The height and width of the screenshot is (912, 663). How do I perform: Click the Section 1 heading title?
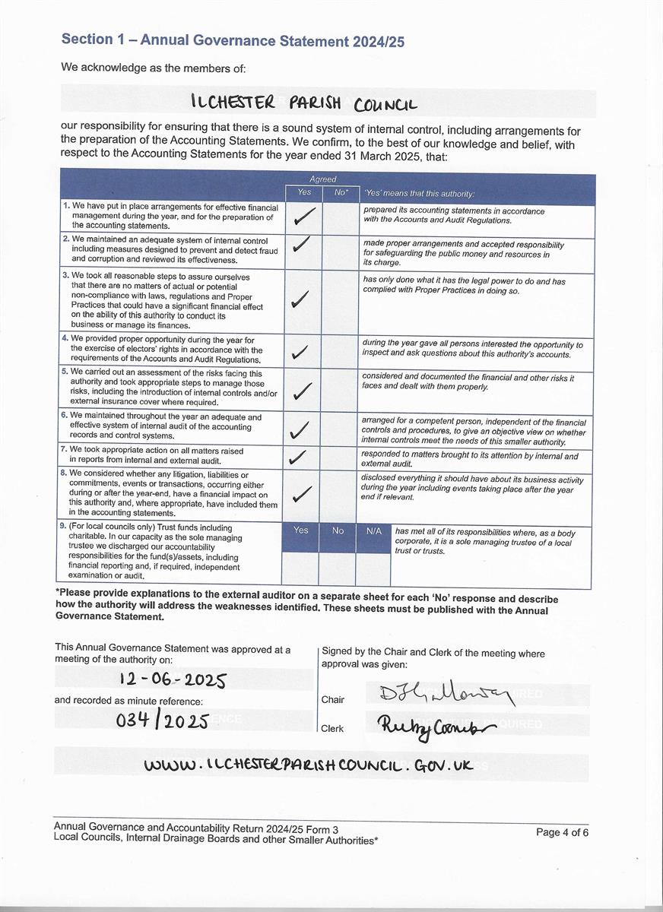click(233, 41)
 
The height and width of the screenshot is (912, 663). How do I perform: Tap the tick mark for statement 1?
click(302, 218)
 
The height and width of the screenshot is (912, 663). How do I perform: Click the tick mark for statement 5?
click(302, 391)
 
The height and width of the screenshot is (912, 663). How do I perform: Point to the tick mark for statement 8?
click(302, 494)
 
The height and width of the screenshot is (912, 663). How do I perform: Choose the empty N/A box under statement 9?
click(373, 568)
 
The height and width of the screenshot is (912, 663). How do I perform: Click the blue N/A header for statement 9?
click(373, 531)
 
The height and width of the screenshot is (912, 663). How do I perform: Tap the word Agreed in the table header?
click(322, 180)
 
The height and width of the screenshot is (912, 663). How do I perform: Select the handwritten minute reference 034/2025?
click(163, 720)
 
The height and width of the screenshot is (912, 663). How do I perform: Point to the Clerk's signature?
click(435, 727)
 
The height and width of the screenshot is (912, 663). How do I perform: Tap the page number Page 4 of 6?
click(562, 832)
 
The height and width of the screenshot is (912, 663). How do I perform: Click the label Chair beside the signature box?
click(332, 700)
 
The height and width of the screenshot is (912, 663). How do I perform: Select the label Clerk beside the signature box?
click(332, 728)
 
